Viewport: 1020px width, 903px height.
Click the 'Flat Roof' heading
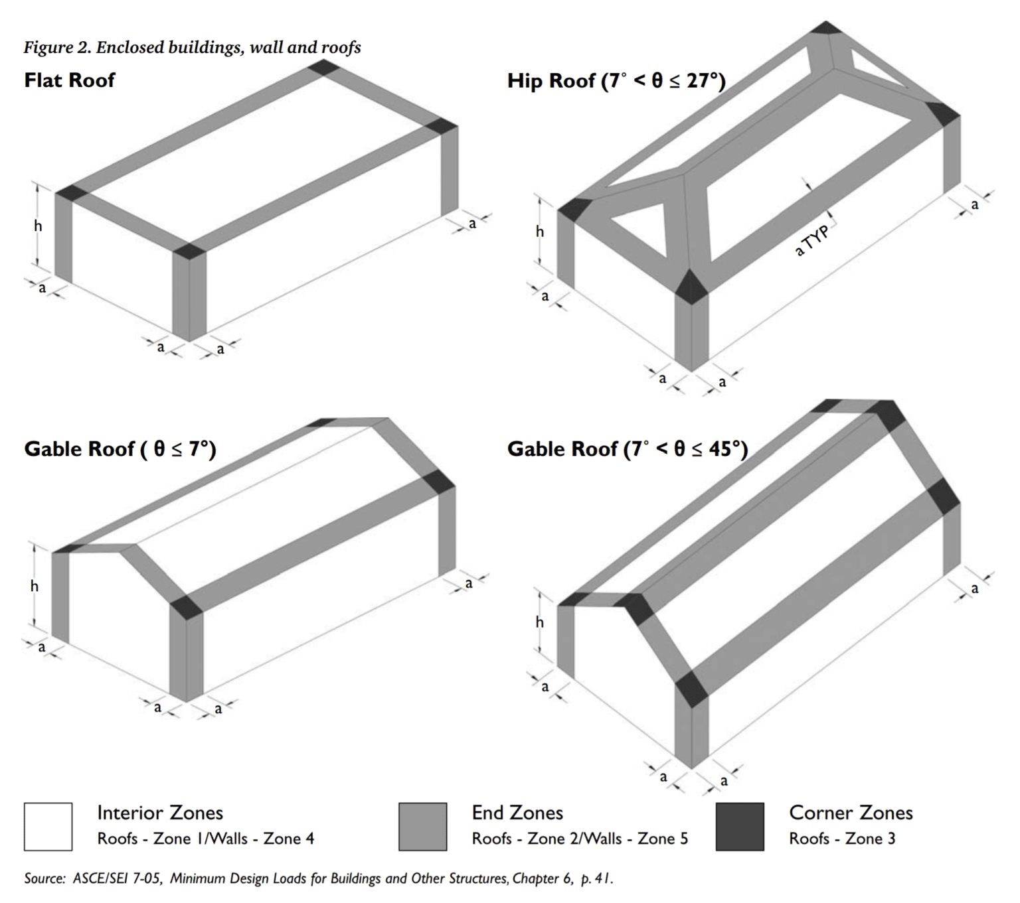click(70, 80)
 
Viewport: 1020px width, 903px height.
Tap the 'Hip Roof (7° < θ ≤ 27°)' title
click(616, 81)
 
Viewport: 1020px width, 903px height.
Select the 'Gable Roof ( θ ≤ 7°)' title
click(120, 449)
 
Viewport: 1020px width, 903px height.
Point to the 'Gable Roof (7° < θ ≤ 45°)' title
click(628, 449)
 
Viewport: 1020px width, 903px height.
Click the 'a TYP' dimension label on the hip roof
click(812, 240)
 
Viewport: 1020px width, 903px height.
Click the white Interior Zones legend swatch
click(48, 827)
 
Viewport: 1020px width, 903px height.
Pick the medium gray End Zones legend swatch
click(422, 827)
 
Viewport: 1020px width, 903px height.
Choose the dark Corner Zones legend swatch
click(740, 827)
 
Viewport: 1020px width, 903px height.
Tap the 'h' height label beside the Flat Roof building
click(38, 226)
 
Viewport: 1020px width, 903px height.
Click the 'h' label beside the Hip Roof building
click(539, 232)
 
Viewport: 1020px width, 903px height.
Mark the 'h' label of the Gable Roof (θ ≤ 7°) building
click(34, 587)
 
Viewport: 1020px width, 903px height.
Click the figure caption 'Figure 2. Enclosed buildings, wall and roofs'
click(192, 47)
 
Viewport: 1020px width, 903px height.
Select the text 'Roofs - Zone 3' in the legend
click(841, 839)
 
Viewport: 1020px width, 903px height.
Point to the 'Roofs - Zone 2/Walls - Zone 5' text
click(579, 839)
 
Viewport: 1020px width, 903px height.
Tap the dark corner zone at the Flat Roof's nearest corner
click(189, 251)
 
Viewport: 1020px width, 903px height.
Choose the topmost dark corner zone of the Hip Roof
click(827, 27)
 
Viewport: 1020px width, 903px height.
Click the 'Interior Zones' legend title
click(160, 813)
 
